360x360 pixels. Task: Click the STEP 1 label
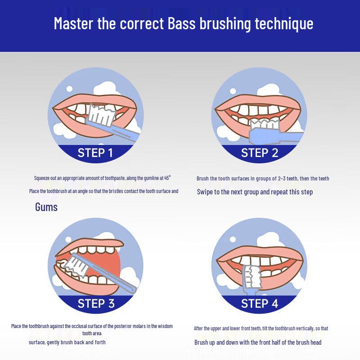[95, 153]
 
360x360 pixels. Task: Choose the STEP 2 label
[259, 153]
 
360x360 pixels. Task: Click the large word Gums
[46, 207]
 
